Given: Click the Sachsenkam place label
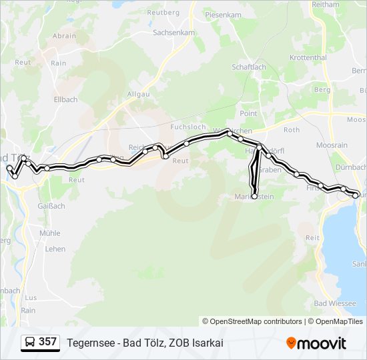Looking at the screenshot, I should [173, 32].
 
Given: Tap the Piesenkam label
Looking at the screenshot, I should [223, 14].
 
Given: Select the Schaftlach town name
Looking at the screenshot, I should [248, 67].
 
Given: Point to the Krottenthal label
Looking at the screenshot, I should [308, 58].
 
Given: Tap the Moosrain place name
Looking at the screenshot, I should [332, 145].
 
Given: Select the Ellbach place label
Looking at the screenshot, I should [66, 100].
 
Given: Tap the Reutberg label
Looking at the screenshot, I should [163, 13].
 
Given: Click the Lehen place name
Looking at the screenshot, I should [55, 249].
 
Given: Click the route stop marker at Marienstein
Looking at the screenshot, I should [254, 196].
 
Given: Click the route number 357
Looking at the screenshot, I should [47, 342].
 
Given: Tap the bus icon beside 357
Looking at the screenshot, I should [30, 343].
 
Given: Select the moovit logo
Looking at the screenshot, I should [316, 343].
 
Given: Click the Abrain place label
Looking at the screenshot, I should [64, 36].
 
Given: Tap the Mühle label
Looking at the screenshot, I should [49, 233].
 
